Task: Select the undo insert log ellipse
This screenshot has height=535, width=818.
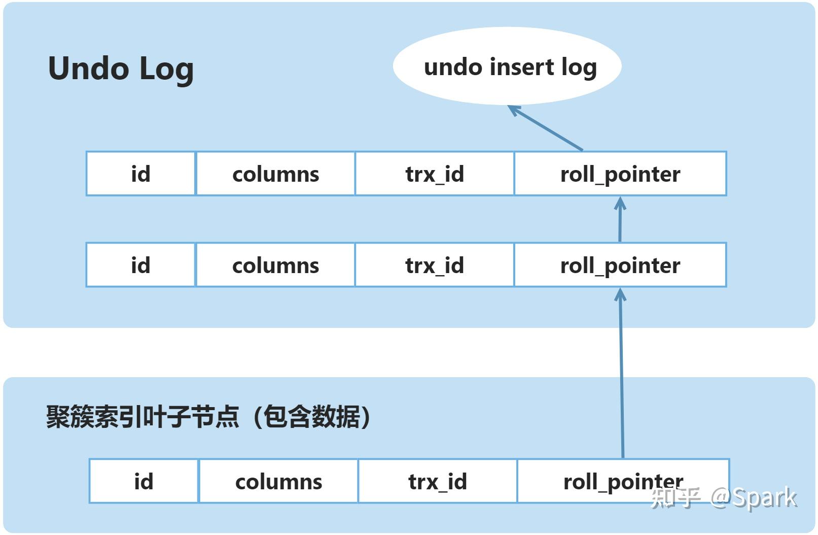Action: pos(507,66)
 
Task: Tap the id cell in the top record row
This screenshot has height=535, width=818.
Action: pos(141,174)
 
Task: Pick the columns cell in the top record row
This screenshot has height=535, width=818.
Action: pos(275,174)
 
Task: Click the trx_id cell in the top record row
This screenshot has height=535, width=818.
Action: pos(435,174)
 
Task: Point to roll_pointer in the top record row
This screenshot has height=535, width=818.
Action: pos(620,174)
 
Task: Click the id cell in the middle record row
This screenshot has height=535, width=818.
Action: pos(141,265)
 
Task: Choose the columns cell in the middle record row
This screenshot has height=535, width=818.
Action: pos(275,265)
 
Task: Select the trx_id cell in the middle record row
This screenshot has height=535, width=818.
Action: pos(435,265)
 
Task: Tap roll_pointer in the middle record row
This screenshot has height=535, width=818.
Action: pos(620,265)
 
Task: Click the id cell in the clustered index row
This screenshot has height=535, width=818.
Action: pos(144,481)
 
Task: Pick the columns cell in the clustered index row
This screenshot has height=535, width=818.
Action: pos(278,481)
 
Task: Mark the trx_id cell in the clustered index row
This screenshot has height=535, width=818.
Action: pos(438,481)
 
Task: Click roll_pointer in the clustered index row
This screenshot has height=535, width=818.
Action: pos(623,481)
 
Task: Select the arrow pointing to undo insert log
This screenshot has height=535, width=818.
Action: pos(545,128)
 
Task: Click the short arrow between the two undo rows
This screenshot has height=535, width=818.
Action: pos(620,219)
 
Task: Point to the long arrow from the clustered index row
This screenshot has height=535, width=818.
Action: pos(621,373)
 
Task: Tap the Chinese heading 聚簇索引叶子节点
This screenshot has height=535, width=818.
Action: pos(143,417)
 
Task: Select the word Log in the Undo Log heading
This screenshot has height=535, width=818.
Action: pos(166,70)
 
